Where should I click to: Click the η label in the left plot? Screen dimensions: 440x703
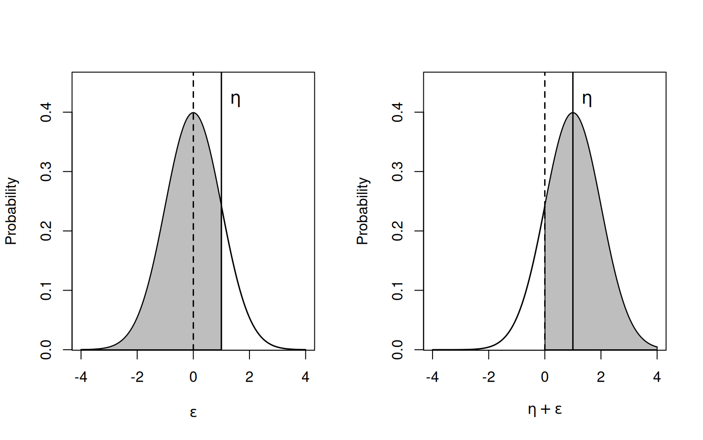coord(236,99)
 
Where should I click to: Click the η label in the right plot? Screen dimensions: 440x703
coord(587,99)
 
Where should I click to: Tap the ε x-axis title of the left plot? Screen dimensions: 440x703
coord(193,412)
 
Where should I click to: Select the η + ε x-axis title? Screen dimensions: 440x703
coord(545,409)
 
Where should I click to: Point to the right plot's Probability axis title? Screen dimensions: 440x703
coord(362,211)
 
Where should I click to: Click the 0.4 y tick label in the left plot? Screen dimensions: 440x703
coord(46,112)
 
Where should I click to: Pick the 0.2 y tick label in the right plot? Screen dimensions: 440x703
coord(397,231)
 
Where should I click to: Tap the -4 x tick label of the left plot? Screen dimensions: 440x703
coord(81,377)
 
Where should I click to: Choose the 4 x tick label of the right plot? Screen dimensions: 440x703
coord(657,377)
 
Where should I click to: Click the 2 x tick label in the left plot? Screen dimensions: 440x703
coord(249,377)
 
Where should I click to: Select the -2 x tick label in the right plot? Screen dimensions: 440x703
coord(488,377)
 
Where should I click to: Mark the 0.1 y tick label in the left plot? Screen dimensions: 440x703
coord(46,290)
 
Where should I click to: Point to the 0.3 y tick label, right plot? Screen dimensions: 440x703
coord(397,171)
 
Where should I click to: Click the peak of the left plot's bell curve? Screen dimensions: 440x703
coord(193,113)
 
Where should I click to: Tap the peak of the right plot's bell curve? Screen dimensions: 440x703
coord(573,113)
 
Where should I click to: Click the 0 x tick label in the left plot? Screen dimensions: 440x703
coord(193,377)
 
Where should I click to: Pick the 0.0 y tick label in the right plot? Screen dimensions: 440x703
coord(397,350)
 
